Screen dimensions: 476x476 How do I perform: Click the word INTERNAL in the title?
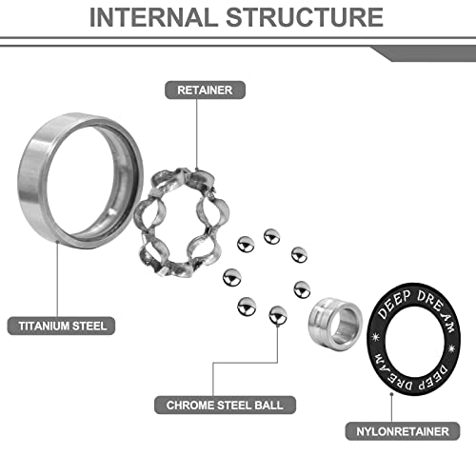click(x=151, y=17)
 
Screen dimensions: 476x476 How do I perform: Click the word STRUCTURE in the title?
click(x=305, y=17)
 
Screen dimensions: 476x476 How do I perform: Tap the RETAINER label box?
click(x=205, y=90)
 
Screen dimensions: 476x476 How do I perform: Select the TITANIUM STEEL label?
click(x=61, y=326)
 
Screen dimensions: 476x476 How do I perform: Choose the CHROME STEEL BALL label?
click(x=225, y=405)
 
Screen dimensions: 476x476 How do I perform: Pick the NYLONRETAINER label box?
click(x=403, y=431)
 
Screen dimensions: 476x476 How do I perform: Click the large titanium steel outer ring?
click(x=30, y=178)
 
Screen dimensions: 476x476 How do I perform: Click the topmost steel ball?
click(x=272, y=236)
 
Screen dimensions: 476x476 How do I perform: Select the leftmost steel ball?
click(x=232, y=278)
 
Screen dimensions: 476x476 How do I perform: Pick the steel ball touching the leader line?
click(x=278, y=315)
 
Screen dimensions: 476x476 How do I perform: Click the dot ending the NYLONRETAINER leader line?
click(x=392, y=394)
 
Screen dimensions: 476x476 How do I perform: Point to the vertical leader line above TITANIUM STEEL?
click(x=57, y=279)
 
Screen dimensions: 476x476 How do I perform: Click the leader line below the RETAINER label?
click(x=196, y=134)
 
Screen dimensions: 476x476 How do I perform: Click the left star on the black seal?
click(x=376, y=337)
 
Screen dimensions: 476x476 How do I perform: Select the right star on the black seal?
click(x=451, y=348)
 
